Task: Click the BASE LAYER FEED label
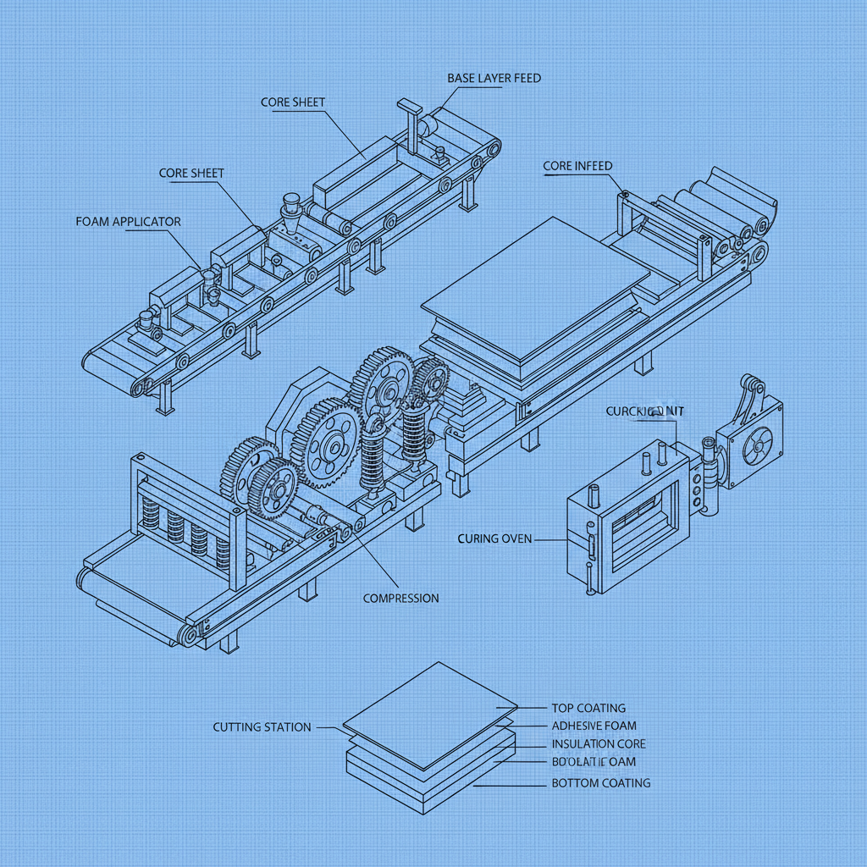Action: pos(494,78)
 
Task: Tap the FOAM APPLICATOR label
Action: pos(128,222)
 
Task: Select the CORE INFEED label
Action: pos(577,166)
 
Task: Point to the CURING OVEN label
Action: pos(494,538)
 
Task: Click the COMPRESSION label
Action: pos(400,598)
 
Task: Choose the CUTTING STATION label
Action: pos(262,726)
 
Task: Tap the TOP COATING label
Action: pos(588,708)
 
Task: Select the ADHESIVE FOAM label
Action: pos(594,726)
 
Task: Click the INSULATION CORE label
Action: pos(598,743)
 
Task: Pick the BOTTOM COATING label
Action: pos(600,782)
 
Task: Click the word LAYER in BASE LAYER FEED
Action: pos(494,78)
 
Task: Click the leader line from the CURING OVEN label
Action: pos(550,539)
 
